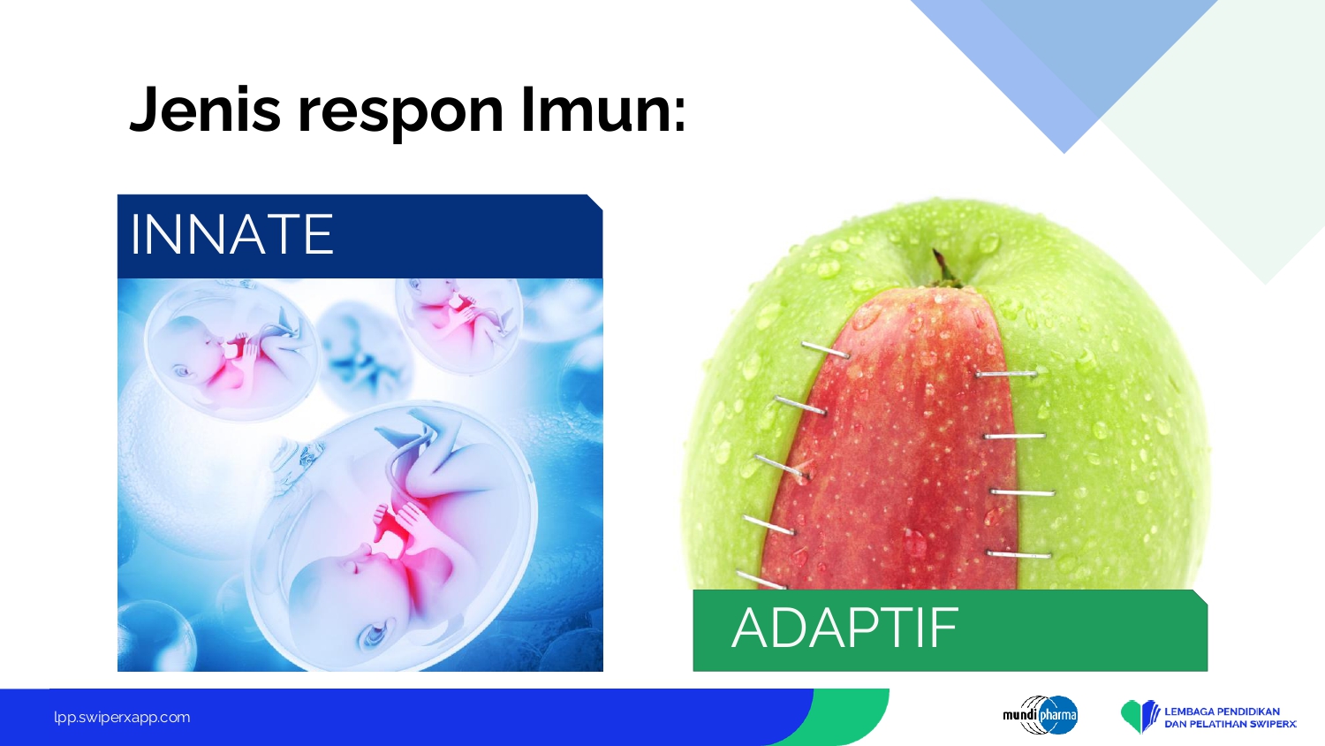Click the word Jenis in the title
click(205, 110)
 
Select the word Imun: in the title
click(604, 110)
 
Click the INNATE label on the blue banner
click(231, 234)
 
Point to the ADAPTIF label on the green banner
click(844, 628)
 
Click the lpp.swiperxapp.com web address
click(122, 718)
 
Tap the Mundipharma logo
click(1040, 715)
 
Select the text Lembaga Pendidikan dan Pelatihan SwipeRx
click(1230, 718)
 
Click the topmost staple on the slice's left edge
click(826, 350)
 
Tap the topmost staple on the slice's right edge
click(1006, 374)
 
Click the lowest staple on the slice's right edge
click(1018, 555)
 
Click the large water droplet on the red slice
click(914, 543)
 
